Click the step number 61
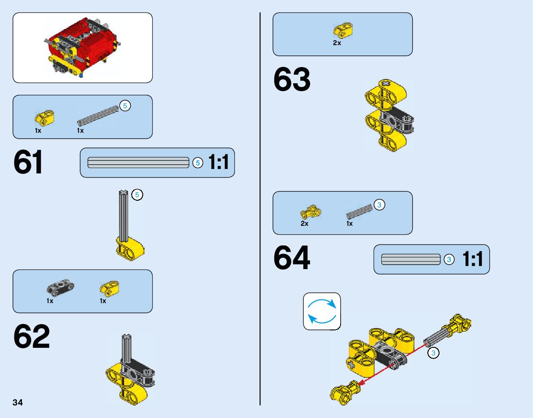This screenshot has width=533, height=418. [x=29, y=163]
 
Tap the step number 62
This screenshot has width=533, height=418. [x=32, y=338]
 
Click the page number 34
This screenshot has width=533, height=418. [x=17, y=403]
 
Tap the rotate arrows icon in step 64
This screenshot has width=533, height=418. [x=322, y=311]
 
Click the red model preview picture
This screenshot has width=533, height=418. [x=82, y=47]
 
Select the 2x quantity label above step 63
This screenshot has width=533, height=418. [x=337, y=43]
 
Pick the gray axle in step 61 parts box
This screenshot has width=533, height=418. [x=98, y=115]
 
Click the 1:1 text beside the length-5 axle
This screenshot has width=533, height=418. [x=218, y=163]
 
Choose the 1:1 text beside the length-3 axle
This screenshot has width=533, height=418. [x=473, y=259]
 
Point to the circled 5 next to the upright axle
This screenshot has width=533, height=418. [x=137, y=195]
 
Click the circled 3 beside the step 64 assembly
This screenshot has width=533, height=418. [x=433, y=353]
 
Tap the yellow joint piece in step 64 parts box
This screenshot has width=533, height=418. [x=310, y=211]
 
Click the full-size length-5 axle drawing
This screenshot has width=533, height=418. [x=138, y=163]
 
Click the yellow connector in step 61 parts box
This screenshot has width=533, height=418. [x=44, y=118]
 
